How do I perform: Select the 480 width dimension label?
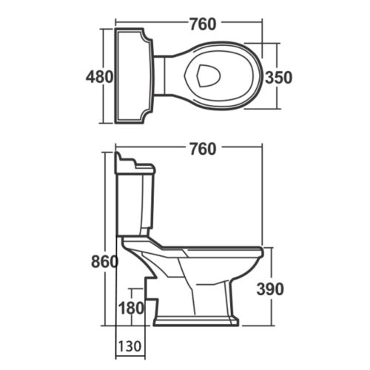[x=98, y=76]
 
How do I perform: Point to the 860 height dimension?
[x=104, y=262]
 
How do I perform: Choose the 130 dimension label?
[x=130, y=346]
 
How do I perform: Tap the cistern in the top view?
[x=134, y=77]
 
